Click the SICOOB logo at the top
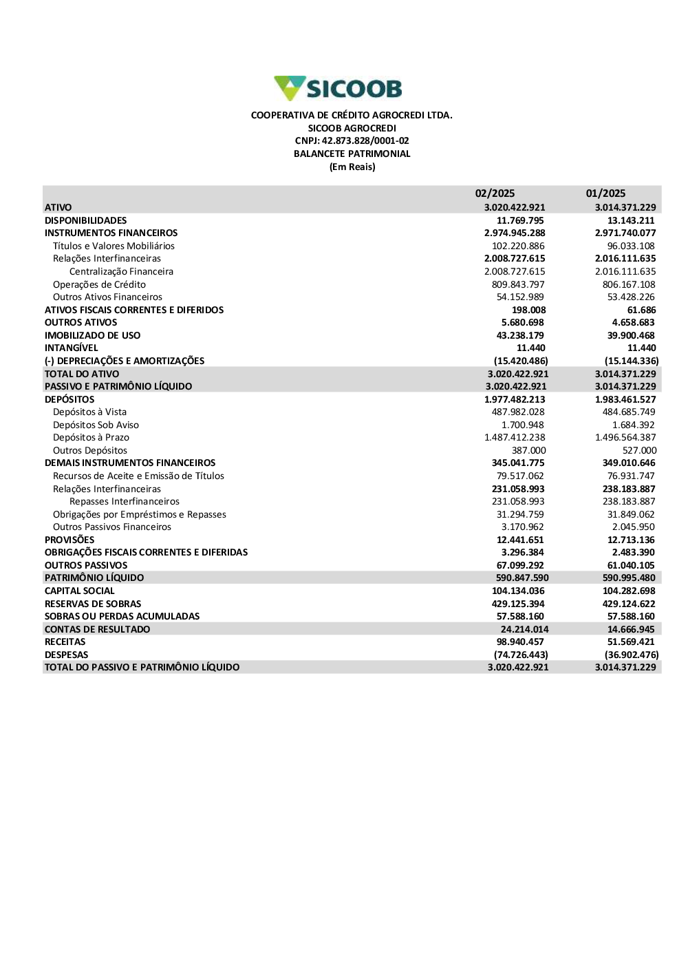click(x=338, y=89)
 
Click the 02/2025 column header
click(x=495, y=193)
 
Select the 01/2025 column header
click(x=605, y=193)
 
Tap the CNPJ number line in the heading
click(x=352, y=141)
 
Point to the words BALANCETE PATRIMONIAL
click(x=352, y=154)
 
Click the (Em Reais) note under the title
click(x=352, y=167)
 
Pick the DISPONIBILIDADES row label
click(x=86, y=220)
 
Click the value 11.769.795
click(x=520, y=220)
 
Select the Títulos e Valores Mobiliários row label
click(x=114, y=246)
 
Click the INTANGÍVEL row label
click(x=72, y=348)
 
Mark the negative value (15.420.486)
click(x=521, y=361)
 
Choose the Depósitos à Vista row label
click(x=89, y=412)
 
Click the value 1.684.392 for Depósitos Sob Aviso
click(x=633, y=425)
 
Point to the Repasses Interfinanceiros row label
click(x=125, y=502)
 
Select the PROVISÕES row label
click(x=69, y=540)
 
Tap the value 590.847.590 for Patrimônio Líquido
click(x=522, y=578)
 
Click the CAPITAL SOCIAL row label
click(x=80, y=591)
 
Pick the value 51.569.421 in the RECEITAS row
click(x=631, y=642)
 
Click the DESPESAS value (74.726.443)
click(x=521, y=655)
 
